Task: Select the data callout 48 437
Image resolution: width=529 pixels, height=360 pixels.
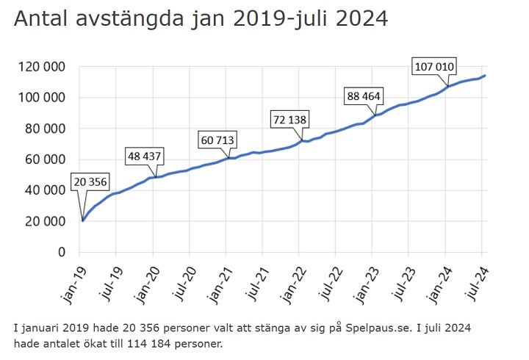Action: pyautogui.click(x=143, y=156)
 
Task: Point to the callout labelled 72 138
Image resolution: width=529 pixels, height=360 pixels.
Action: pyautogui.click(x=289, y=118)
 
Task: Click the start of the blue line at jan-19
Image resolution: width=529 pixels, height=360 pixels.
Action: pyautogui.click(x=82, y=220)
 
